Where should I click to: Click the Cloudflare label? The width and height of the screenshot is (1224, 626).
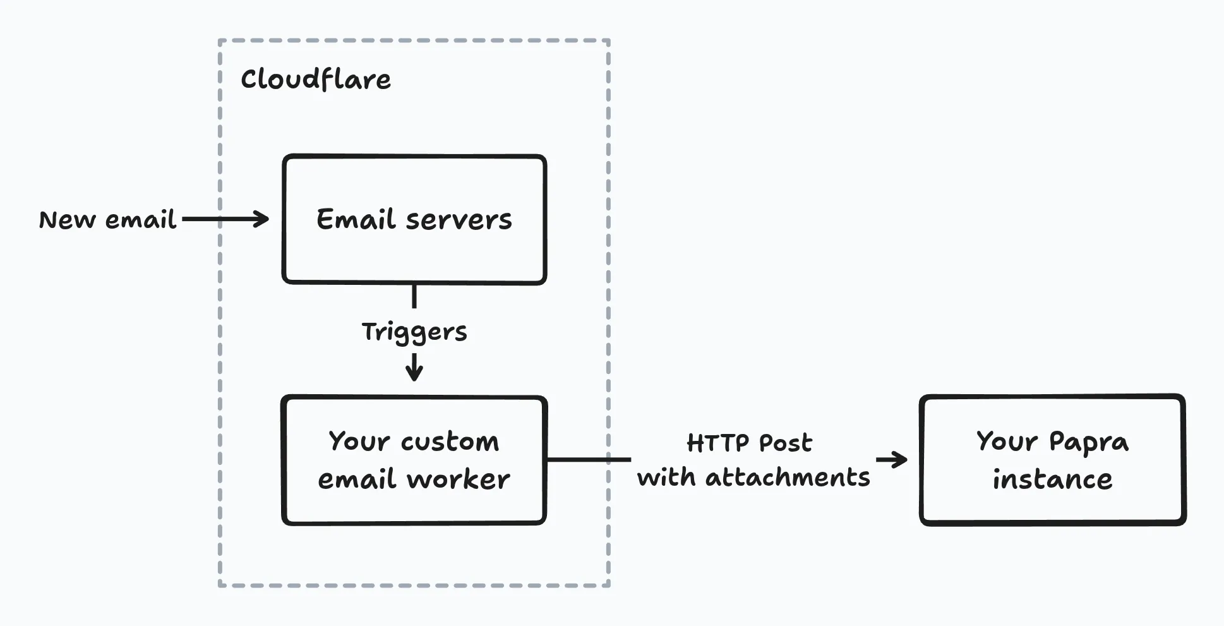tap(316, 80)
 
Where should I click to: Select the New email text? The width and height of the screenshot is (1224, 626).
tap(107, 220)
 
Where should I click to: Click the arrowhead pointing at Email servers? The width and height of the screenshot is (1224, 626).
tap(261, 219)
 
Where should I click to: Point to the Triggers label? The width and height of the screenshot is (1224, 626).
tap(414, 332)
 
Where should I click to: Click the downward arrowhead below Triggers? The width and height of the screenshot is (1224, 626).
tap(414, 373)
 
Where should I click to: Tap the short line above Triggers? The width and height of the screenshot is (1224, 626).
tap(414, 296)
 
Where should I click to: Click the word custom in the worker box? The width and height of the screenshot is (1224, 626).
tap(450, 442)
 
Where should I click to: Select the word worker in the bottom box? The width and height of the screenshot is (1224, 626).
tap(459, 479)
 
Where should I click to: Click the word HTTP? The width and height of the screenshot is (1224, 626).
tap(717, 443)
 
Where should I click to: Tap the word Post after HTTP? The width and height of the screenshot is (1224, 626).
tap(785, 443)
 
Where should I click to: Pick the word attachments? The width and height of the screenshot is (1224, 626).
tap(788, 478)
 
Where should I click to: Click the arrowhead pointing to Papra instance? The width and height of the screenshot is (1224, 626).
tap(899, 460)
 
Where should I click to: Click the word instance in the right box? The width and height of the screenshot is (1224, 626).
tap(1052, 479)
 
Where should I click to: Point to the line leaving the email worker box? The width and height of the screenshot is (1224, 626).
tap(587, 459)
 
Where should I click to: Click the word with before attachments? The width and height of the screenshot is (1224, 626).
tap(666, 478)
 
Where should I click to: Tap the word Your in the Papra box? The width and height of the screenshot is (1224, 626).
tap(1006, 442)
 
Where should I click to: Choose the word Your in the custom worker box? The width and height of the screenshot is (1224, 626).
tap(359, 442)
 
